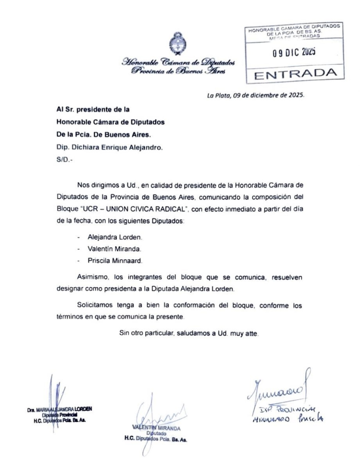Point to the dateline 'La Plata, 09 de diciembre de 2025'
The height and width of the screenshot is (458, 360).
(x=256, y=96)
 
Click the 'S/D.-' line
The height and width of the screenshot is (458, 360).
(x=65, y=159)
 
